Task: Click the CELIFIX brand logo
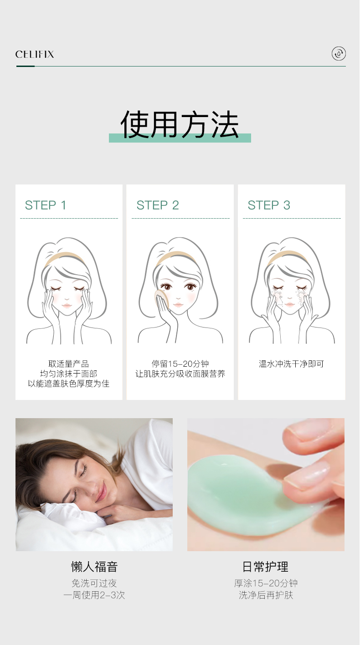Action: click(35, 54)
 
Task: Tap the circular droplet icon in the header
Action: click(339, 54)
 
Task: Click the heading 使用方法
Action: click(180, 124)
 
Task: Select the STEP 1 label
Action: click(46, 205)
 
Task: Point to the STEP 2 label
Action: click(158, 205)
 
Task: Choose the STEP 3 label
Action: click(269, 205)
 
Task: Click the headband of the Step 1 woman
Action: click(65, 257)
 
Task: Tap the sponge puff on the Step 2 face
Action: click(162, 299)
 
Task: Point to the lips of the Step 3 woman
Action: click(290, 304)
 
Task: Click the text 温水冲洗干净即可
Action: click(291, 364)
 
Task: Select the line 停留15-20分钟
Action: click(180, 364)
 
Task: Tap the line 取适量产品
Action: click(68, 364)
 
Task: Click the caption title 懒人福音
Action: click(94, 567)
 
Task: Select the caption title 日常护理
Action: click(265, 567)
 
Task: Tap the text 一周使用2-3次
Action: click(94, 595)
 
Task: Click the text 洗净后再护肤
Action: click(266, 595)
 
